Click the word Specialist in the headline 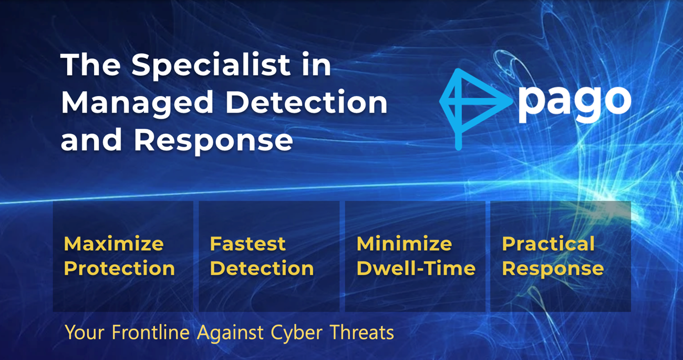coord(211,66)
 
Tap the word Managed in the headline coord(137,104)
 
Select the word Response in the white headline coord(213,141)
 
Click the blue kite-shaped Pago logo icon coord(475,109)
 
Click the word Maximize coord(113,244)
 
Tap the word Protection coord(119,269)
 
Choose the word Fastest coord(247,244)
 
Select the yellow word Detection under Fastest coord(262,269)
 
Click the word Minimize coord(405,244)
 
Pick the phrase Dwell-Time coord(416,269)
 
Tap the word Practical coord(548,244)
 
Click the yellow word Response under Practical coord(553,269)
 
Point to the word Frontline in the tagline coord(151,332)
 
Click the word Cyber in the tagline coord(297,333)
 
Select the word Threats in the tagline coord(362,332)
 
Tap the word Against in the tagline coord(230,333)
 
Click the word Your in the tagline coord(85,332)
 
